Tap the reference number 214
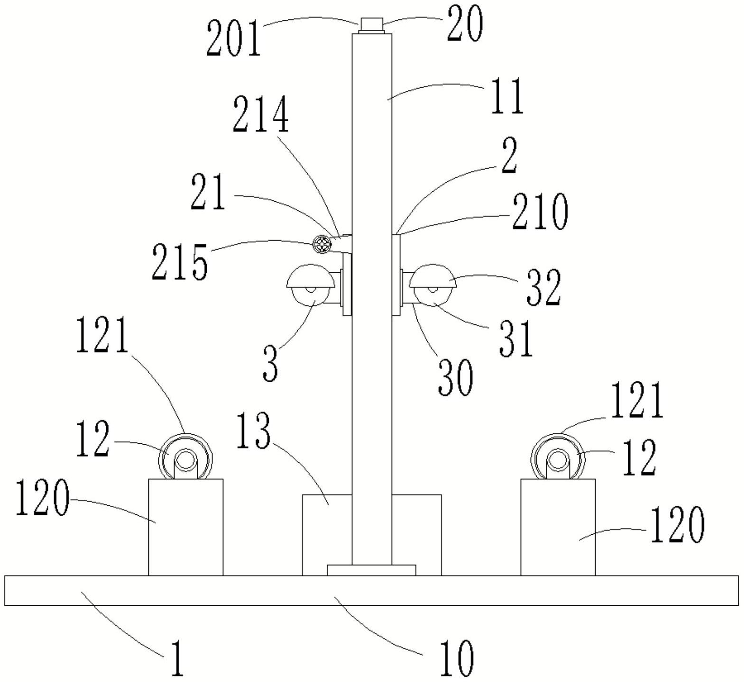[x=260, y=115]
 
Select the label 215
[x=180, y=262]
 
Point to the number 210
[x=540, y=211]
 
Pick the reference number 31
[x=516, y=338]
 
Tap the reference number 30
[x=455, y=377]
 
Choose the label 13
[x=253, y=431]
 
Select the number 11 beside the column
[x=507, y=97]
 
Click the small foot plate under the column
[x=371, y=570]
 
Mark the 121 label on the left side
[x=102, y=336]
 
